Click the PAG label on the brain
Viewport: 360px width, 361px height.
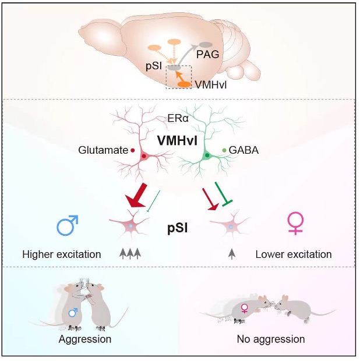(207, 55)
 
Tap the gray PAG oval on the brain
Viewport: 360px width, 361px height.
(206, 44)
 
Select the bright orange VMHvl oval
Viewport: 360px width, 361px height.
(185, 84)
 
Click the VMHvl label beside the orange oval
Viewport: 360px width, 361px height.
(211, 85)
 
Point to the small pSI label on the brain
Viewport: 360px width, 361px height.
(154, 66)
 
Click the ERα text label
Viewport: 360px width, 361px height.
(178, 119)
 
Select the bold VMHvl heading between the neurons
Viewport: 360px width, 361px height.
(177, 140)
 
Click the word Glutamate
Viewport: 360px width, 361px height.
(103, 150)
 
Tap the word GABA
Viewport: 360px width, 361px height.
(243, 150)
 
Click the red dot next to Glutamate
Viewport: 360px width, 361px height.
(133, 150)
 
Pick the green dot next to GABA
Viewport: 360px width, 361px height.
(224, 150)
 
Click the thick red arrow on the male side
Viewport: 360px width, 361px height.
(136, 195)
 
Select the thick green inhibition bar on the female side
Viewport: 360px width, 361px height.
(223, 194)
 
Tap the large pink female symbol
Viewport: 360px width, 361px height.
(295, 223)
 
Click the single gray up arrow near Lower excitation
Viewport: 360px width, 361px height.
(232, 254)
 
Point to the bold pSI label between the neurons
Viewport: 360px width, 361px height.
(177, 228)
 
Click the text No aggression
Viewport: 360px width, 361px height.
(271, 339)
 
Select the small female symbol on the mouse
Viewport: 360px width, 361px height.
(244, 308)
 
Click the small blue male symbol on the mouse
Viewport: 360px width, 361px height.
(73, 313)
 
